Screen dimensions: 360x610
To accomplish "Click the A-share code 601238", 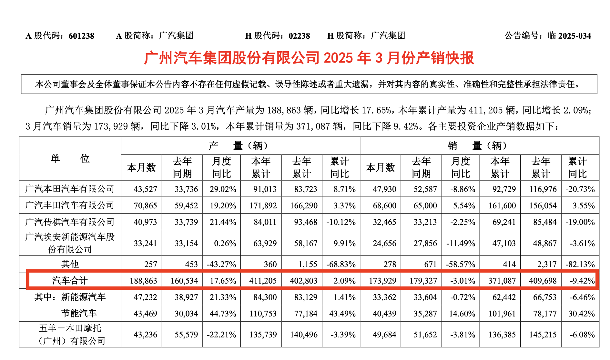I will coord(81,36).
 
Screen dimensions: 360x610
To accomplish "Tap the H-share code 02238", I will coord(299,36).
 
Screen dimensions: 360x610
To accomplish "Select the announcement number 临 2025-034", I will coord(569,36).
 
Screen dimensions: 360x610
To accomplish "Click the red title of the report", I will coord(309,58).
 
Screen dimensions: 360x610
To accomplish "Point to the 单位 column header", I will coord(70,159).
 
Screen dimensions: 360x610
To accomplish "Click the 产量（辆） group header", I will coord(240,146).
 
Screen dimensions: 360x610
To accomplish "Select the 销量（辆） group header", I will coord(479,146).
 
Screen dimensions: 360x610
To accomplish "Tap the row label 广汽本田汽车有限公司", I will coord(70,189).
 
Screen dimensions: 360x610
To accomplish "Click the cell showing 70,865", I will coord(145,206).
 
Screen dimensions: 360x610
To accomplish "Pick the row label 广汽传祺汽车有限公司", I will coord(70,222).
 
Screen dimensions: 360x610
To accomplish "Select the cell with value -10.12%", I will coord(341,222).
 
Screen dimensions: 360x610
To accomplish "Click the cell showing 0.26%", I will coord(225,244).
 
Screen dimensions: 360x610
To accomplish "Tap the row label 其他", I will coord(70,265).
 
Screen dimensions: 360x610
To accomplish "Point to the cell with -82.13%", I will coord(580,265).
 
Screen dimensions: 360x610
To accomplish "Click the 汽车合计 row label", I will coord(70,281).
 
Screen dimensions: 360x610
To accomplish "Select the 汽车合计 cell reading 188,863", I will coord(143,281).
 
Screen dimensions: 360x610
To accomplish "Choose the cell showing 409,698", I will coord(543,281).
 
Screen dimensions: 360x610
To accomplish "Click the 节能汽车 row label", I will coord(79,313).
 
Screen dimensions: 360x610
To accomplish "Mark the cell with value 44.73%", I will coord(223,314).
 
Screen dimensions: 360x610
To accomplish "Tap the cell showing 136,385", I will coord(502,335).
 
